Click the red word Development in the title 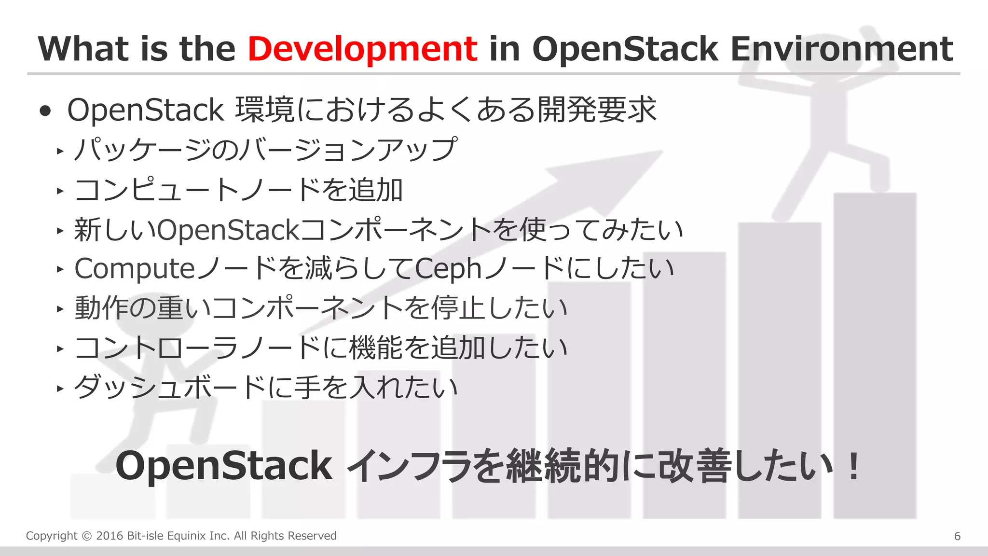click(362, 49)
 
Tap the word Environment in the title click(842, 49)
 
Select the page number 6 click(957, 536)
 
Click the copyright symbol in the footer click(86, 536)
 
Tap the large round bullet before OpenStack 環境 click(45, 111)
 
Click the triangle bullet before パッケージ click(60, 151)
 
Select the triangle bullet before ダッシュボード click(60, 388)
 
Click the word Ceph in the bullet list click(448, 269)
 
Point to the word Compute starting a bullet click(135, 269)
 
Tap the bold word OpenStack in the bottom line click(224, 466)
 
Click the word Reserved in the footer click(314, 536)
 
